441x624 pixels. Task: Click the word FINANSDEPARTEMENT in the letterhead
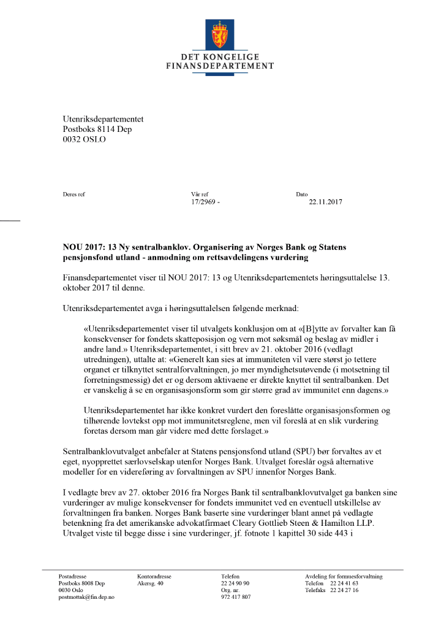tap(220, 66)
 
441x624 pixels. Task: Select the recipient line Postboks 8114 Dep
tap(97, 129)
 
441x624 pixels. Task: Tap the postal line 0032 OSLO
tap(85, 139)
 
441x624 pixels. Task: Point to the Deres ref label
tap(73, 194)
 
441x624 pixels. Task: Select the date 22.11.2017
tap(325, 201)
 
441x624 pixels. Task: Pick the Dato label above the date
tap(302, 194)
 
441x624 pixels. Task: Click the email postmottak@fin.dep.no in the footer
tap(86, 597)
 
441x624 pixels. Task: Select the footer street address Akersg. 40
tap(151, 584)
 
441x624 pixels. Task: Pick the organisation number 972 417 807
tap(236, 597)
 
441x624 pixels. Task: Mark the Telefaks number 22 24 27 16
tap(344, 590)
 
